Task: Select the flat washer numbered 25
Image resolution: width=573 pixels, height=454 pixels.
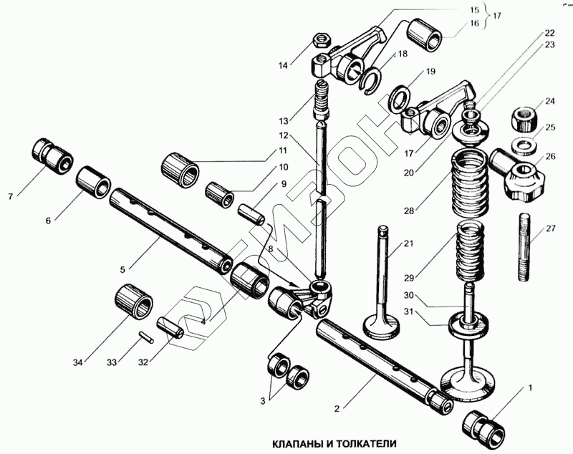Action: click(x=524, y=143)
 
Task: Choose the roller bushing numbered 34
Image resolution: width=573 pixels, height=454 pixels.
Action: click(x=135, y=301)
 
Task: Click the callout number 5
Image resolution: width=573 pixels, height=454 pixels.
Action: click(x=122, y=269)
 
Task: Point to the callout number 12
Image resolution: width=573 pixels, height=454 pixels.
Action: click(x=284, y=135)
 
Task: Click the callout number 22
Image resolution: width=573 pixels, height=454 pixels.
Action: click(x=549, y=32)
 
